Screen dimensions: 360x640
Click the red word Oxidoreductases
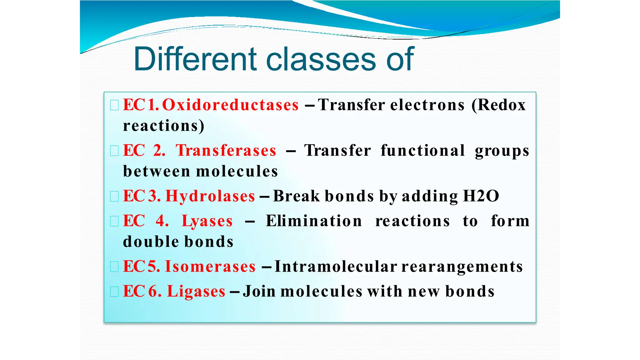[x=230, y=105]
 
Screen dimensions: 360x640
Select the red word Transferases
[x=226, y=151]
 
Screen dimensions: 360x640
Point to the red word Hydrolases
[x=210, y=196]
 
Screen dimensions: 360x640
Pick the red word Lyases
[x=207, y=221]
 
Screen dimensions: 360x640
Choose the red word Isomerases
[x=210, y=267]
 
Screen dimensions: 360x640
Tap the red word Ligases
[x=196, y=291]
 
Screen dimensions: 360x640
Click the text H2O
[x=481, y=196]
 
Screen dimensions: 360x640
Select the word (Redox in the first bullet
[x=499, y=105]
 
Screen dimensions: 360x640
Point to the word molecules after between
[x=237, y=172]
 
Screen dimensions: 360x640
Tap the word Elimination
[x=314, y=221]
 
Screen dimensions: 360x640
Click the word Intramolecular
[x=336, y=267]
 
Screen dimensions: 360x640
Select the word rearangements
[x=462, y=267]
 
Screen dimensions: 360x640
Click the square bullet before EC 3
[x=114, y=197]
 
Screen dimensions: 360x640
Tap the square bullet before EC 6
[x=114, y=292]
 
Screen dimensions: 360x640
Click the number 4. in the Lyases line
[x=162, y=221]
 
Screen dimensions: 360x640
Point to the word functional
[x=422, y=151]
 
